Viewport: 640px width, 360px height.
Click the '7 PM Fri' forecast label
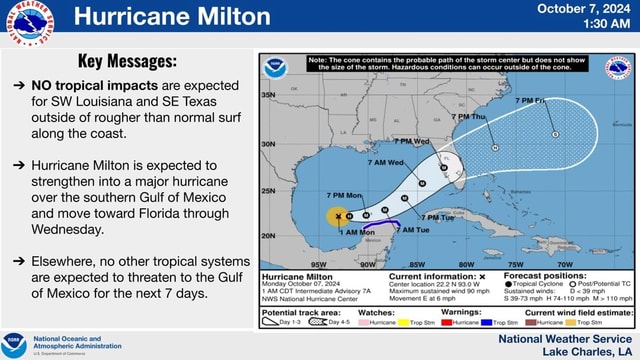tap(531, 101)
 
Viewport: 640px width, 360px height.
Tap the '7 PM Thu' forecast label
tap(467, 117)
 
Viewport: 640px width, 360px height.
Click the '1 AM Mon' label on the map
tap(357, 232)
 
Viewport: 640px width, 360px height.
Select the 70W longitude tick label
tap(566, 266)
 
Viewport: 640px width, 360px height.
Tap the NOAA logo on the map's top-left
tap(274, 68)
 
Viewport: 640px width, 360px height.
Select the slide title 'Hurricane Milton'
tap(172, 16)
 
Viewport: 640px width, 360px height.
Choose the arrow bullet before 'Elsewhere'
tap(19, 261)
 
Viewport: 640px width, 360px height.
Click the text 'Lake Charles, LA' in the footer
tap(587, 351)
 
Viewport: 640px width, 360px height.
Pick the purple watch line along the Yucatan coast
tap(389, 223)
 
